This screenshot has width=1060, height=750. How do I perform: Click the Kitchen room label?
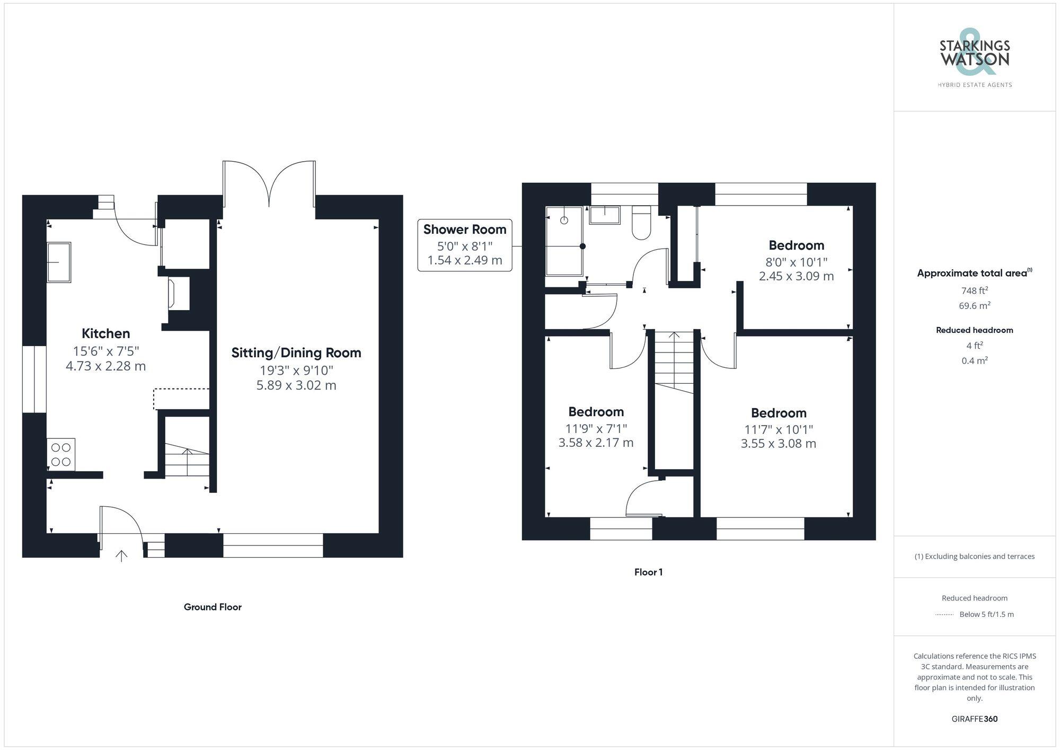click(x=105, y=333)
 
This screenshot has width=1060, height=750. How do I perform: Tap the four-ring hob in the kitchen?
click(x=61, y=454)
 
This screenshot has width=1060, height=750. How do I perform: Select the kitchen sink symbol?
click(x=59, y=262)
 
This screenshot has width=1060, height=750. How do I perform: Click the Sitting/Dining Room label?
click(x=296, y=352)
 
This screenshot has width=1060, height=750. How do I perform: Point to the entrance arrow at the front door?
click(x=121, y=556)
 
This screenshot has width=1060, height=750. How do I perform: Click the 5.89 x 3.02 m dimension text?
click(x=296, y=385)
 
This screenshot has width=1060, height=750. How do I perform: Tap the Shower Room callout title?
click(x=464, y=230)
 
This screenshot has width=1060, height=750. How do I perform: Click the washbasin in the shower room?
click(x=605, y=215)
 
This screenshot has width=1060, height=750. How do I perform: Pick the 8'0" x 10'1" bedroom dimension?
click(x=796, y=262)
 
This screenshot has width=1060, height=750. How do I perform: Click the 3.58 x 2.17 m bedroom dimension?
click(x=596, y=443)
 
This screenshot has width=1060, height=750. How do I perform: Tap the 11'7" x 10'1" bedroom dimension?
click(x=778, y=429)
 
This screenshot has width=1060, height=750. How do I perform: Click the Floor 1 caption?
click(x=648, y=572)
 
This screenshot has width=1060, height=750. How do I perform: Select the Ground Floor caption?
click(x=213, y=607)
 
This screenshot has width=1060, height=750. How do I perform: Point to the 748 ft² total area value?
click(x=974, y=290)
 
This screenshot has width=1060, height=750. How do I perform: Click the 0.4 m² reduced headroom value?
click(x=974, y=360)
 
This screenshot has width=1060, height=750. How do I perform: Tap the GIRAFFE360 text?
click(x=974, y=719)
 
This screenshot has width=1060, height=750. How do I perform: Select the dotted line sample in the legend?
click(x=944, y=615)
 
